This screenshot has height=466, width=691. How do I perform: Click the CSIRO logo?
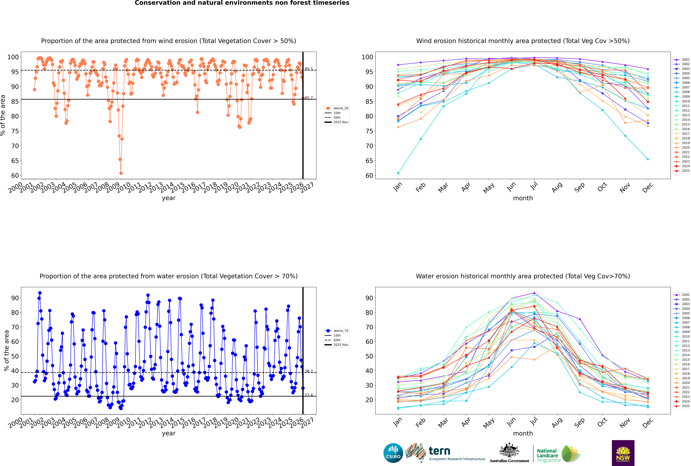point(393,453)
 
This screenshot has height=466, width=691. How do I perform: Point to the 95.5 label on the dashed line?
point(309,69)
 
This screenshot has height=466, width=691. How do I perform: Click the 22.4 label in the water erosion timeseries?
point(309,395)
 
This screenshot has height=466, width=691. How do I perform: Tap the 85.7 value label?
point(309,98)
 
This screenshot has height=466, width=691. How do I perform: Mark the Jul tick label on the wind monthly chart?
point(534,186)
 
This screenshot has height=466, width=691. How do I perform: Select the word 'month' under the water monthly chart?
point(523,433)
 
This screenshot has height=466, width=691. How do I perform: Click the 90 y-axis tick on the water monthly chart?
point(369,298)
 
